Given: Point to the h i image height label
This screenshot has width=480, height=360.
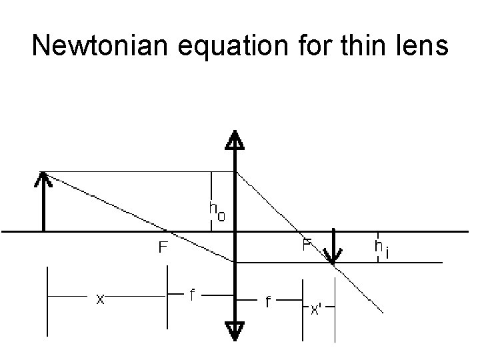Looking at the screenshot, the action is [382, 249].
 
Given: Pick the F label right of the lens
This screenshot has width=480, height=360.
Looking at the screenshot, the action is [307, 245].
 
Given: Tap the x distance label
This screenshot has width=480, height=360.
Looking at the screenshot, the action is [100, 300].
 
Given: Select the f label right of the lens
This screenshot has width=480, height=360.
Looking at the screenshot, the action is [269, 303].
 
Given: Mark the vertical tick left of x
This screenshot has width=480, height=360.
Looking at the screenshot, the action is [48, 300].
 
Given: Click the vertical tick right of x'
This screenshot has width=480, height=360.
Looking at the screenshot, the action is [332, 317].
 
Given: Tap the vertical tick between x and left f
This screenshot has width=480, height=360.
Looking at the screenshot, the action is [167, 297].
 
